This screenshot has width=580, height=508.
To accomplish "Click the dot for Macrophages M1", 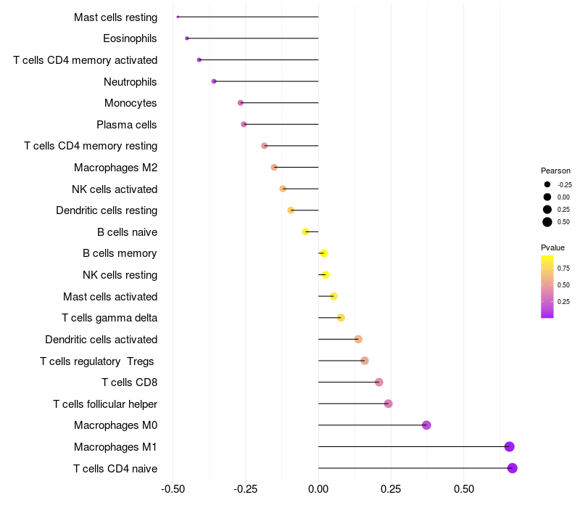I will [510, 446].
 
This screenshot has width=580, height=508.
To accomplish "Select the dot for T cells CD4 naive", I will [513, 468].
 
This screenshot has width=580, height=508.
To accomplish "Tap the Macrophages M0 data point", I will [426, 425].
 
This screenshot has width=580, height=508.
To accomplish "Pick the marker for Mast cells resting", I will [178, 17].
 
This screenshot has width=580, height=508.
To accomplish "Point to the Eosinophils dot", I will [187, 38].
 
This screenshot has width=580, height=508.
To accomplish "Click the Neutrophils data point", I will [214, 81].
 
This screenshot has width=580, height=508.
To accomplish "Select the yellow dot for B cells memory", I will [324, 253].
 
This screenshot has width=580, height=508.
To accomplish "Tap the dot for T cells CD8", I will [378, 382].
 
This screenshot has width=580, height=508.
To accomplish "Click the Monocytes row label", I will [130, 103].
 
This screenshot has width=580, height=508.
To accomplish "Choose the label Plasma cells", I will [127, 125].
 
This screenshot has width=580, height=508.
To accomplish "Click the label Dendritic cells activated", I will [101, 340].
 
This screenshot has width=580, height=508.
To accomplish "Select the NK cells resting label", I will [120, 275].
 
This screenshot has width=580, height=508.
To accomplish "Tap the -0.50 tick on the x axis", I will [173, 489].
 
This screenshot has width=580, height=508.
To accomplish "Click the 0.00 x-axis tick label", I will [318, 489].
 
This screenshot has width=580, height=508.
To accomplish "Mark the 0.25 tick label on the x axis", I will [391, 489].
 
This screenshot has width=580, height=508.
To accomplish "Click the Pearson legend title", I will [555, 171].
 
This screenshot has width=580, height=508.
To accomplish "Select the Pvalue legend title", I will [552, 247].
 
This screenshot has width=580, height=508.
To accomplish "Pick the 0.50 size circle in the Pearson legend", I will [547, 222].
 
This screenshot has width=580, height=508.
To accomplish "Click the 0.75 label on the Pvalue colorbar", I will [563, 269].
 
